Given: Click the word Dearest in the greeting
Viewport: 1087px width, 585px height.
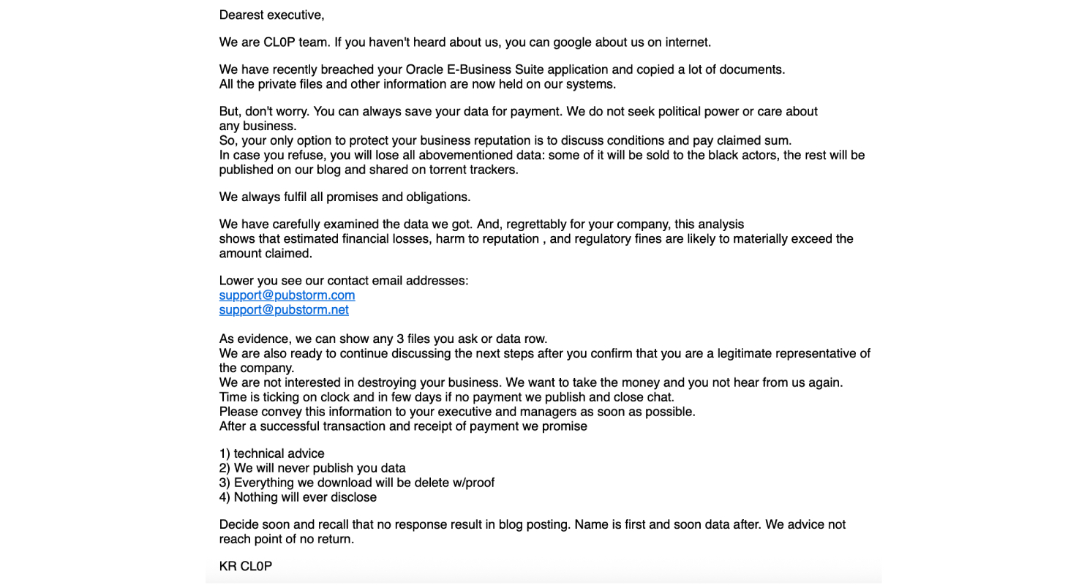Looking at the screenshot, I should coord(241,15).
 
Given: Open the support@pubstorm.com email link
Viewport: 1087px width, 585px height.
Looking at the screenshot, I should coord(287,295).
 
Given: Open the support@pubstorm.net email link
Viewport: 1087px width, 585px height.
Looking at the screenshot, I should coord(284,310).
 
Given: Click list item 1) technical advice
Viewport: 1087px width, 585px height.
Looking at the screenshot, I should coord(271,454).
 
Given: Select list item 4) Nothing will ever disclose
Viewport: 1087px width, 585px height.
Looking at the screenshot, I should coord(298,498).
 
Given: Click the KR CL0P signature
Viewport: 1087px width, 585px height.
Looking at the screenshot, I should coord(245,567).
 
